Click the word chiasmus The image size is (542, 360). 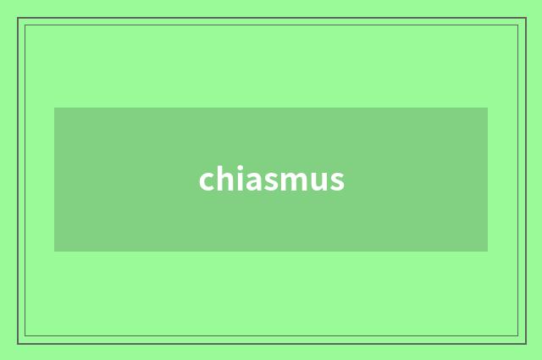click(x=272, y=180)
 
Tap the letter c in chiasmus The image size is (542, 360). click(x=207, y=181)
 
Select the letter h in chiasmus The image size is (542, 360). click(x=223, y=179)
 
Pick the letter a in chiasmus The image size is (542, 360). click(x=249, y=181)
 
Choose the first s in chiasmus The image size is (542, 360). click(x=265, y=181)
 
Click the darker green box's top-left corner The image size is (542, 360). click(x=54, y=108)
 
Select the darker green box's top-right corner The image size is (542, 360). click(x=488, y=108)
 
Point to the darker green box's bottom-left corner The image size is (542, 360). click(x=54, y=252)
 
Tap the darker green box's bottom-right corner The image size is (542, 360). click(x=488, y=252)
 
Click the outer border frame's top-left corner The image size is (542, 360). click(x=18, y=18)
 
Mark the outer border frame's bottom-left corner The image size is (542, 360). click(x=18, y=343)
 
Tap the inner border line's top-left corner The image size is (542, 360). click(x=25, y=25)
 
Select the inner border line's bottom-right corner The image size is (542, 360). click(x=518, y=336)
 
